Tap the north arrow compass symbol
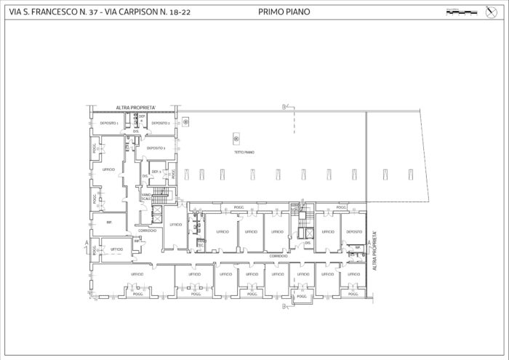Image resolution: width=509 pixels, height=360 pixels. coord(490,11)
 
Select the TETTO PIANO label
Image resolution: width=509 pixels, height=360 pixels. coord(244,153)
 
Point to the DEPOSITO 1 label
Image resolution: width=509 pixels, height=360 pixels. coord(109,124)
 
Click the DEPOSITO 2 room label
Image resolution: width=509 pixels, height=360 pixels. coord(161,124)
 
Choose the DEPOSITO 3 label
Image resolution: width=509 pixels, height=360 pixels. coord(156,148)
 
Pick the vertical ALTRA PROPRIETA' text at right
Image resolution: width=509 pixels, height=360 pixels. coord(374,251)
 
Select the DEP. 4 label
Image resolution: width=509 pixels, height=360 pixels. coord(143,119)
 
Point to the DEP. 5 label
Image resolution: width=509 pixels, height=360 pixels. coord(156,172)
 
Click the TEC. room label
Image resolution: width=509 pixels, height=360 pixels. coord(201,245)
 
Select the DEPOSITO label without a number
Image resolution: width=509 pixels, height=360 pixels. coord(354,231)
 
